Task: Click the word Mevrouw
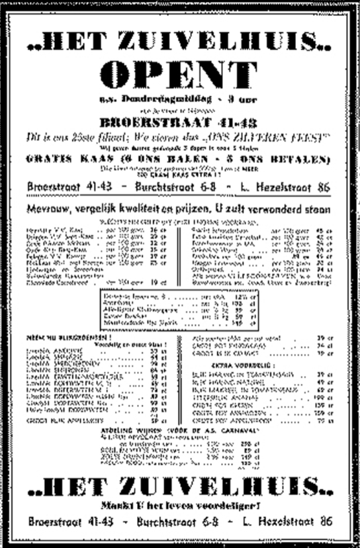(50, 210)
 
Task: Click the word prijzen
(197, 210)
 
